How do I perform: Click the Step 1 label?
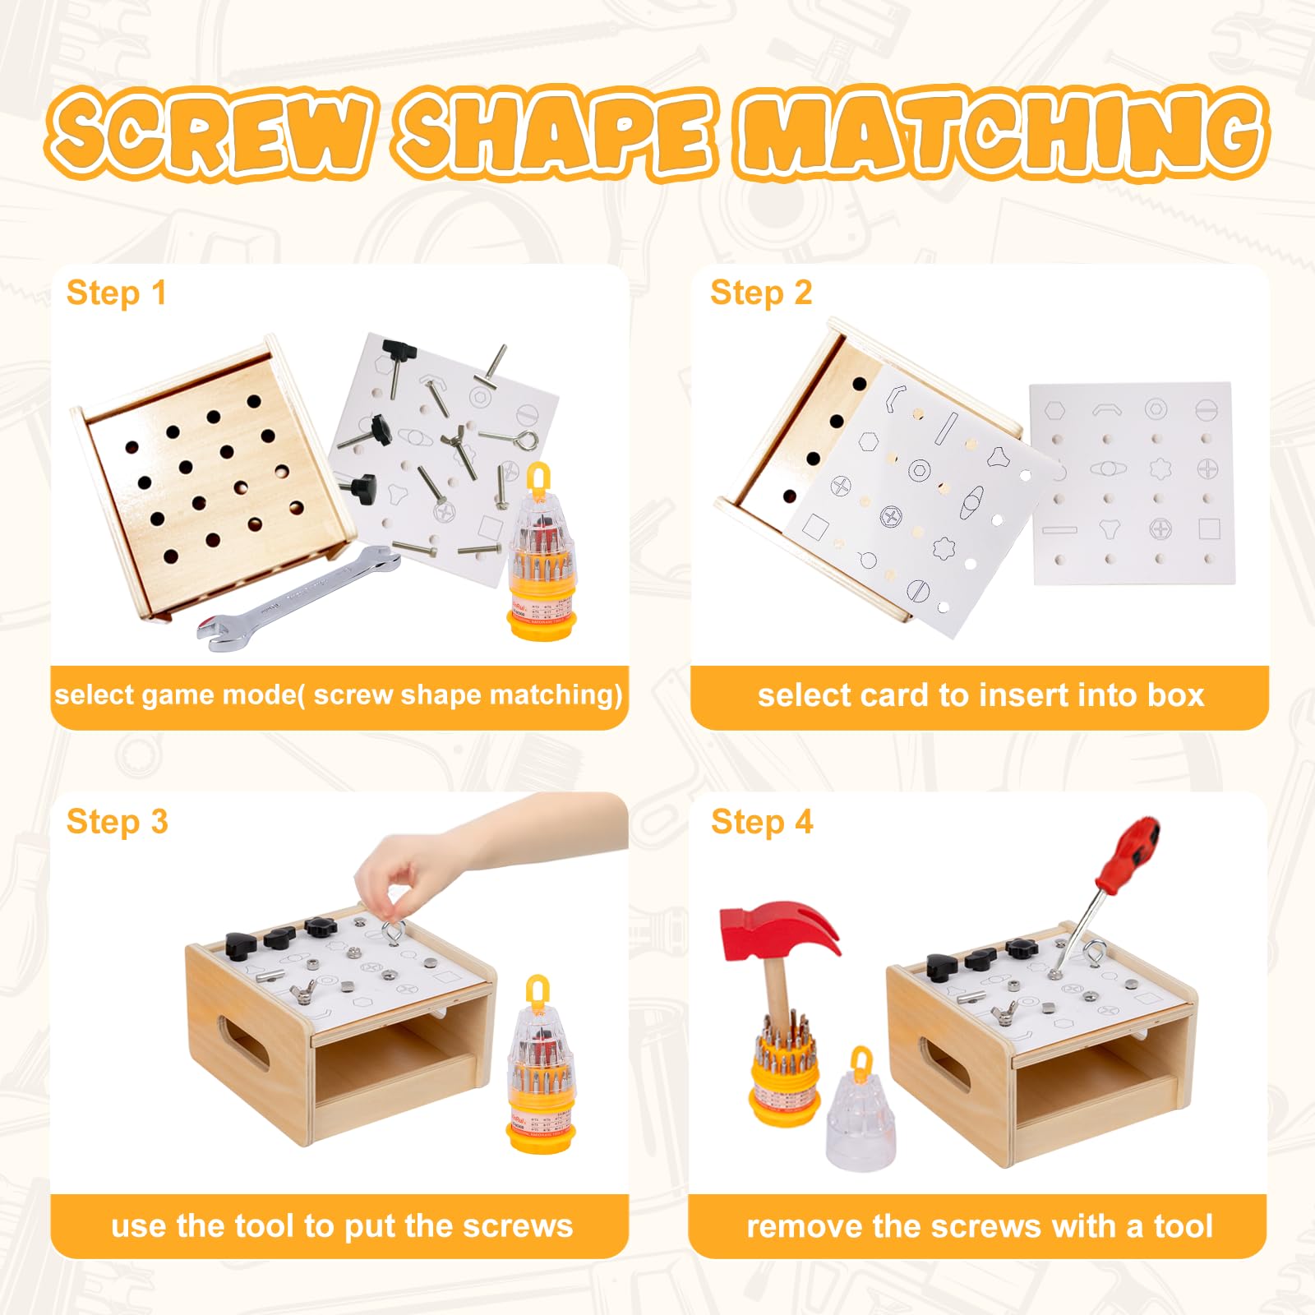[x=116, y=293]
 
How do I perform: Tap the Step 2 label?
[x=761, y=293]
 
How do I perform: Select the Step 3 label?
[x=117, y=822]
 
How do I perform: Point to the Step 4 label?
[x=762, y=822]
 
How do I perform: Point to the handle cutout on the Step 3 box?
[x=242, y=1042]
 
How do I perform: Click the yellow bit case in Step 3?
[x=539, y=1064]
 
